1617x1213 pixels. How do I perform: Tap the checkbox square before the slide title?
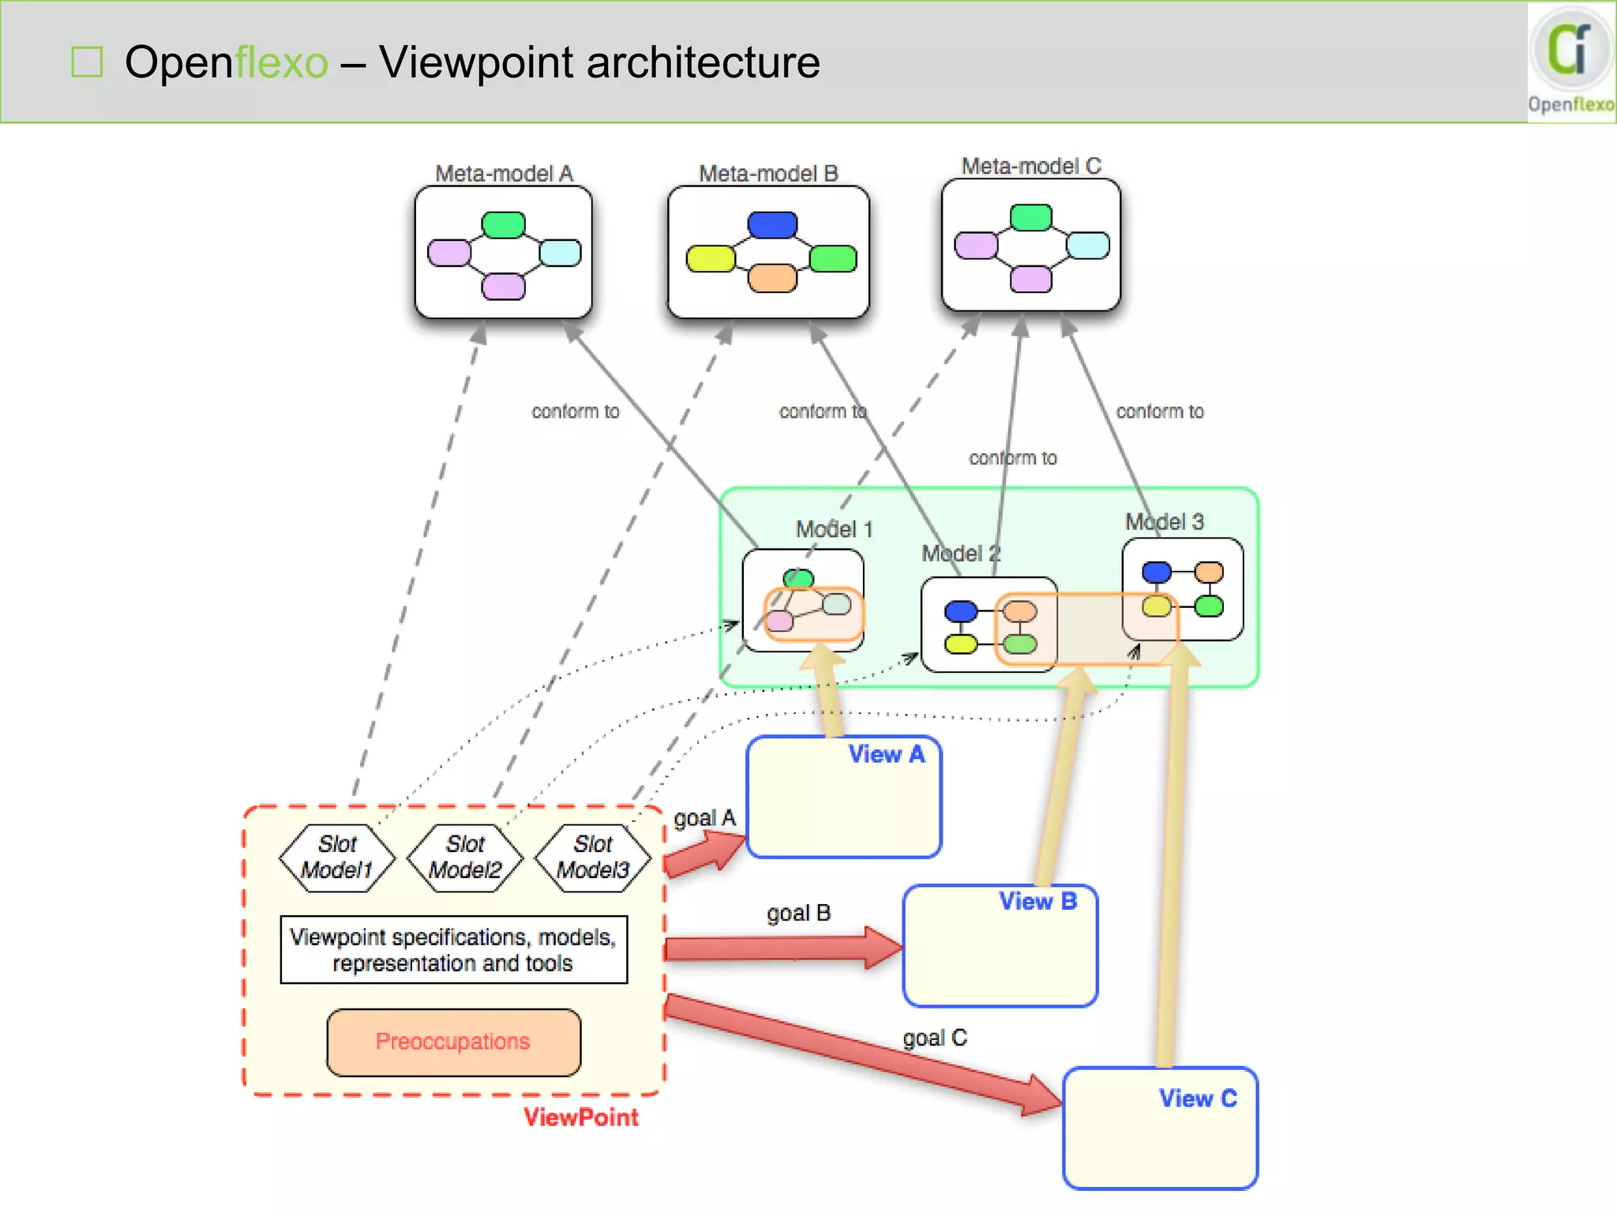click(x=87, y=62)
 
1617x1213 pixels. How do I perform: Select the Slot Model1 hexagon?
click(x=338, y=858)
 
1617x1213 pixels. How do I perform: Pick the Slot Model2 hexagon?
click(x=466, y=858)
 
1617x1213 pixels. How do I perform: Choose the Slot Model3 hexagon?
click(x=594, y=858)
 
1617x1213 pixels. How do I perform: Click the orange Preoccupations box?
click(x=453, y=1042)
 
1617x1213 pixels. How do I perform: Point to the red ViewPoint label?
click(x=580, y=1117)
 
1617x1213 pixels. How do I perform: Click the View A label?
click(x=886, y=754)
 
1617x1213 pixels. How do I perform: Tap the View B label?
click(x=1037, y=901)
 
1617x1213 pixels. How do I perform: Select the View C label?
click(x=1197, y=1098)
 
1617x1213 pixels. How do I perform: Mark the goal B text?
click(x=798, y=913)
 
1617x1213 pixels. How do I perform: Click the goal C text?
click(x=935, y=1038)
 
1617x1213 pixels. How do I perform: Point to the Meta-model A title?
click(x=504, y=173)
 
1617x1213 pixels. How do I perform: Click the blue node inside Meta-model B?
click(x=772, y=225)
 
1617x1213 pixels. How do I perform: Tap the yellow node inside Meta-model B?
click(x=711, y=258)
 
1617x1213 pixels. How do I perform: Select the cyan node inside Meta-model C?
click(x=1087, y=246)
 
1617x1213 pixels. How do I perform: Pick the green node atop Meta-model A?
click(x=503, y=225)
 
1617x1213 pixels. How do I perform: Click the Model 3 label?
click(x=1164, y=521)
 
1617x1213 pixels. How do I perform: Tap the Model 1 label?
click(x=834, y=529)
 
